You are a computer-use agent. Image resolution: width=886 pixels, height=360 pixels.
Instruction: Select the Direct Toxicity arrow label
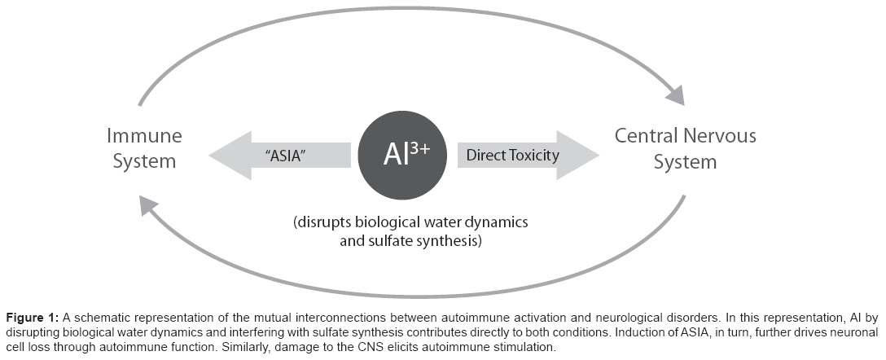[512, 155]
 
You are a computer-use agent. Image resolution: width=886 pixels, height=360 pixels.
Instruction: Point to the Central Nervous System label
[685, 147]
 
